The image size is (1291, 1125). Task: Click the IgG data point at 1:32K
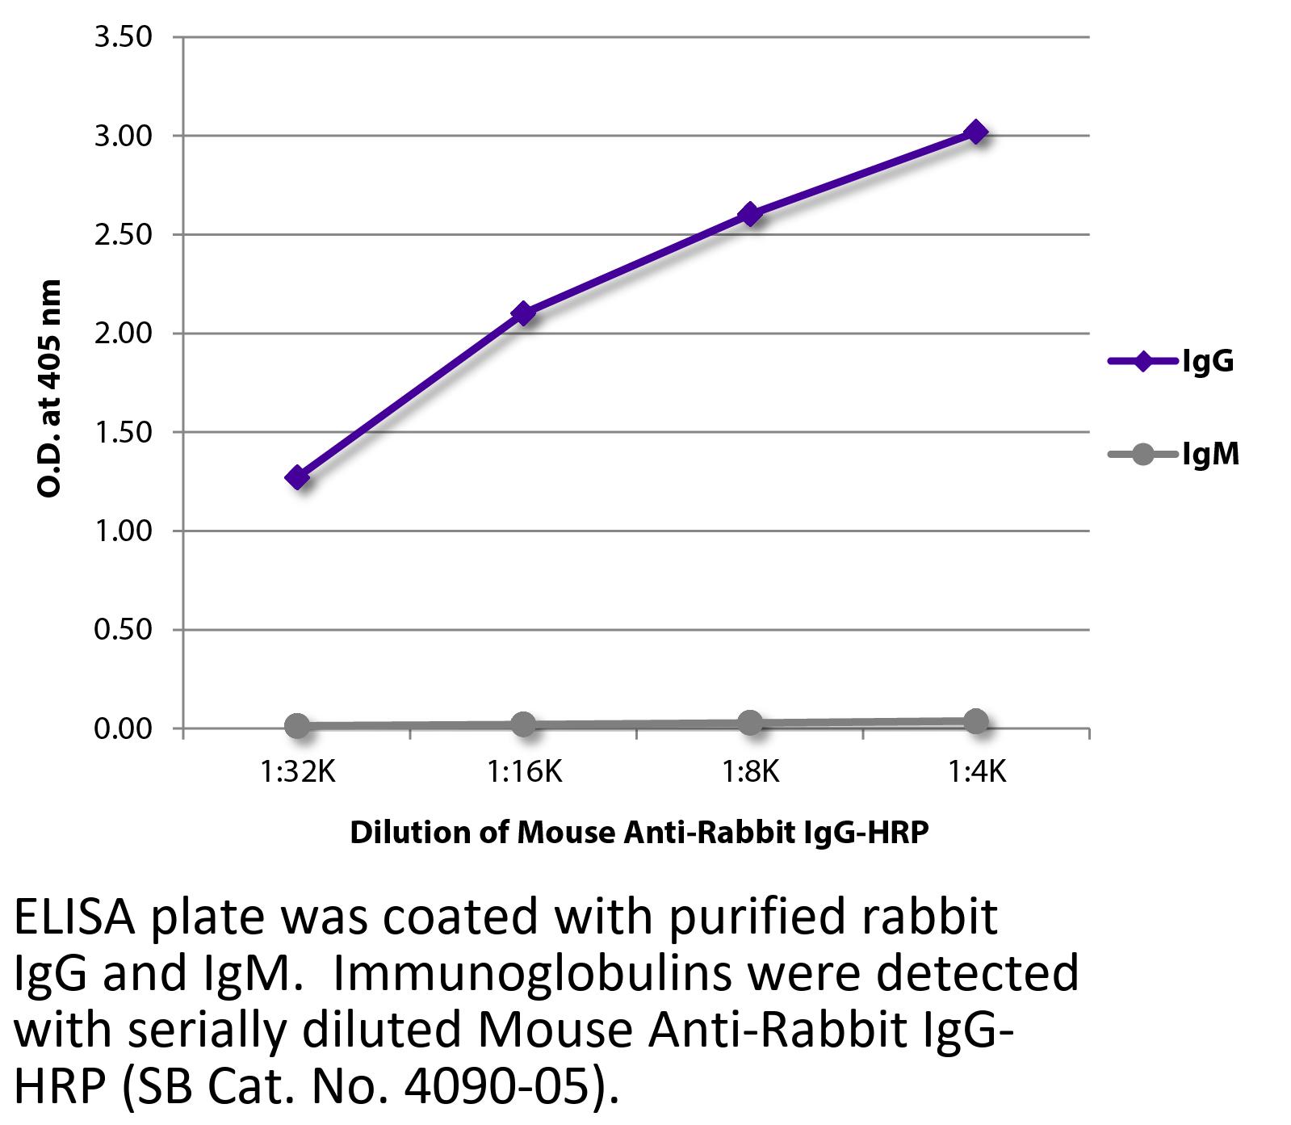pyautogui.click(x=297, y=477)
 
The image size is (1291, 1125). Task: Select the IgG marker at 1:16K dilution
pyautogui.click(x=523, y=313)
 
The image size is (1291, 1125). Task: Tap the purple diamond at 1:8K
pyautogui.click(x=750, y=214)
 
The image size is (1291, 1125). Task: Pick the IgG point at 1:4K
pyautogui.click(x=976, y=132)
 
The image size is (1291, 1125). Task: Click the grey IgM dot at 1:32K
pyautogui.click(x=297, y=725)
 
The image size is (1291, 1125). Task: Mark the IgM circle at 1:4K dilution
pyautogui.click(x=976, y=721)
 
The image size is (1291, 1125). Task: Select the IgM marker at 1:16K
pyautogui.click(x=523, y=724)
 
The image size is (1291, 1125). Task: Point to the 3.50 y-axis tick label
pyautogui.click(x=124, y=37)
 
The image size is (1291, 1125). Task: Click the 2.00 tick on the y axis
pyautogui.click(x=124, y=334)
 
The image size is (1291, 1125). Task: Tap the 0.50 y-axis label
pyautogui.click(x=124, y=630)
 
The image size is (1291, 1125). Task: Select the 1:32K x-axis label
pyautogui.click(x=297, y=773)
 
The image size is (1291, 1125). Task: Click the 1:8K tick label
pyautogui.click(x=750, y=773)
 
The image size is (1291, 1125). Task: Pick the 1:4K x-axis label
pyautogui.click(x=976, y=773)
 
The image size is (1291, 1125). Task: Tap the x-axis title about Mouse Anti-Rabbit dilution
pyautogui.click(x=639, y=831)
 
